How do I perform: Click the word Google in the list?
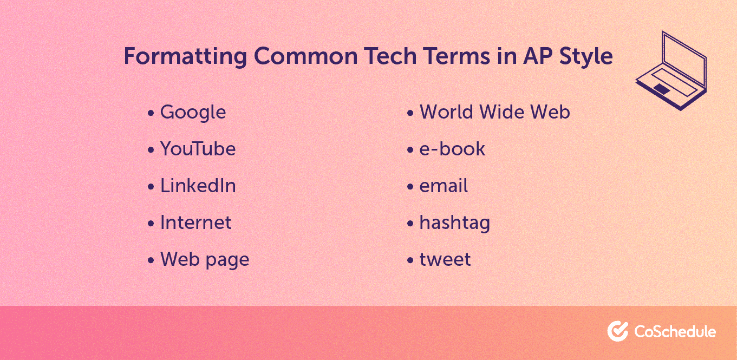click(193, 113)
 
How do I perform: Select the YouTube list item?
click(198, 149)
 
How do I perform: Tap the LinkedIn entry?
click(198, 186)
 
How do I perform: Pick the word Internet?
click(195, 223)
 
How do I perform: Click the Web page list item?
click(205, 260)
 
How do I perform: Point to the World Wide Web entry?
click(494, 113)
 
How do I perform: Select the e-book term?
click(452, 149)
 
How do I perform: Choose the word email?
click(443, 186)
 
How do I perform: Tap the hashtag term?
click(454, 223)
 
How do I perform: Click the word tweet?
click(445, 260)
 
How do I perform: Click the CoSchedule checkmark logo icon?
click(617, 331)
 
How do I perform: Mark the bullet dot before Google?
click(151, 114)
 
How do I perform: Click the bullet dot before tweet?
click(410, 261)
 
